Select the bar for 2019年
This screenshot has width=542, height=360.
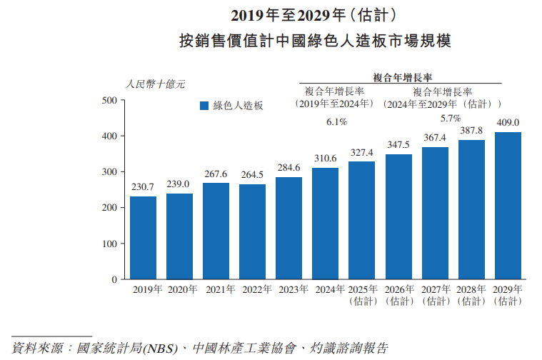(x=143, y=237)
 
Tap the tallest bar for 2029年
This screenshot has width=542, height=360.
(x=508, y=206)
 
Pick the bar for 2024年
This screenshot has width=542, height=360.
(x=325, y=223)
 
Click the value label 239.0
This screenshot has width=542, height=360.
(x=179, y=184)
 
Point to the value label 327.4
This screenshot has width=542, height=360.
(x=361, y=152)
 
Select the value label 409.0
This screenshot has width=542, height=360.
(x=508, y=122)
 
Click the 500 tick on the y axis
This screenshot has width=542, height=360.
(x=109, y=100)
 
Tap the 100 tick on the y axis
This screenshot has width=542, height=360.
(x=109, y=244)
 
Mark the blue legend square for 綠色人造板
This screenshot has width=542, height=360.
(x=204, y=106)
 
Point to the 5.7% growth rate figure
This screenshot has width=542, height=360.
(x=450, y=118)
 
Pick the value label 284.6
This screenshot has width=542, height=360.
(x=288, y=168)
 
